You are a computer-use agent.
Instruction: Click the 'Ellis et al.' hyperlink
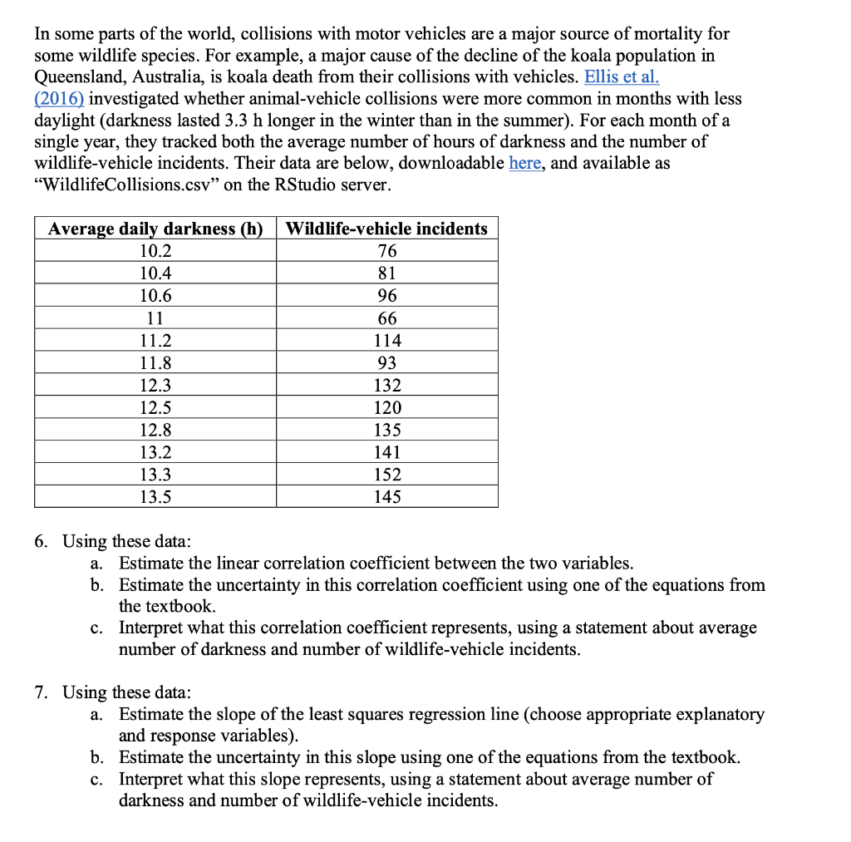pyautogui.click(x=622, y=77)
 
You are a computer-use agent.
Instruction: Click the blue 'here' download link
pyautogui.click(x=524, y=163)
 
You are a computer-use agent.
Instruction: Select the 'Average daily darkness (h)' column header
pyautogui.click(x=155, y=229)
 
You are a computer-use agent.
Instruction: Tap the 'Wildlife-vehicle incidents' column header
pyautogui.click(x=387, y=229)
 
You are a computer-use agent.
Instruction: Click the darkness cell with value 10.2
pyautogui.click(x=155, y=251)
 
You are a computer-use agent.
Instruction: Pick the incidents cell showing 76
pyautogui.click(x=387, y=251)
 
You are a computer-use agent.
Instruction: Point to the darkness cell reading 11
pyautogui.click(x=155, y=318)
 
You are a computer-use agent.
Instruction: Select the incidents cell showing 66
pyautogui.click(x=387, y=318)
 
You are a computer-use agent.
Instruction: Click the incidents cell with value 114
pyautogui.click(x=387, y=341)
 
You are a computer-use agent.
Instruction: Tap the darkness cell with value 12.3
pyautogui.click(x=155, y=386)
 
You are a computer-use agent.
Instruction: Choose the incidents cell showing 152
pyautogui.click(x=387, y=475)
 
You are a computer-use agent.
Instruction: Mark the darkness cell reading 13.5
pyautogui.click(x=155, y=497)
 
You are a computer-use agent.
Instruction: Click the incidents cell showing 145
pyautogui.click(x=387, y=497)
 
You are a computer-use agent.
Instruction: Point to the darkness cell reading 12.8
pyautogui.click(x=155, y=431)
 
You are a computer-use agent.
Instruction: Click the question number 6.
pyautogui.click(x=42, y=542)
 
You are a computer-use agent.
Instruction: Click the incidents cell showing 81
pyautogui.click(x=387, y=273)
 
